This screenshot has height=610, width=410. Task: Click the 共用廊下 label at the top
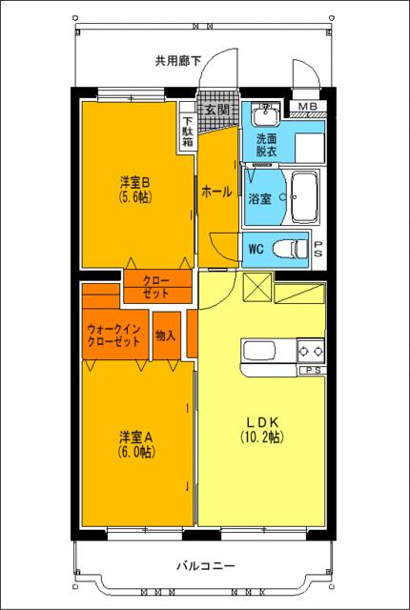178,60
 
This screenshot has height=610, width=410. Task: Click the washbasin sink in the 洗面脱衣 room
263,117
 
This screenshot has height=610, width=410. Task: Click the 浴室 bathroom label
260,198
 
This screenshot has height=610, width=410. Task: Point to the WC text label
256,250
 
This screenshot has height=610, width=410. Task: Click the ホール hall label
216,192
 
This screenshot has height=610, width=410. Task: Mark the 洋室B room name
136,181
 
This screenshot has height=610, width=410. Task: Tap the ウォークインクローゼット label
113,335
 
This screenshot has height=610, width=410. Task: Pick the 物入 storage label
165,335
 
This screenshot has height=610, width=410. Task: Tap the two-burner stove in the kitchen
311,348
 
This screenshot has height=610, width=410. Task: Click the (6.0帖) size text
136,453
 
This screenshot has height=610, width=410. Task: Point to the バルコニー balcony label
204,565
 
